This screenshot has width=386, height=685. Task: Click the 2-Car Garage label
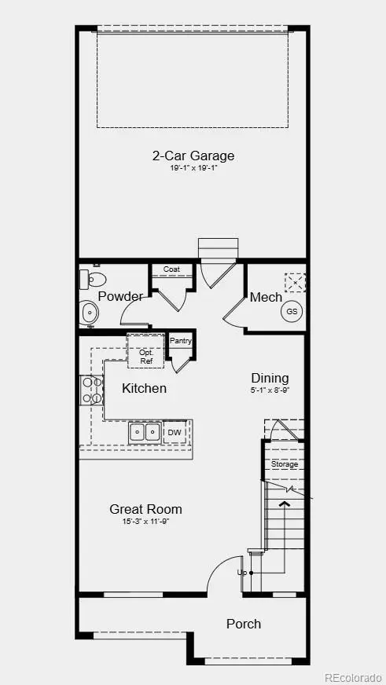point(193,156)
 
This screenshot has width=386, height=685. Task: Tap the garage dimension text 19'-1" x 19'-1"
point(193,167)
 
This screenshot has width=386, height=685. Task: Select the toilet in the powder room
point(93,279)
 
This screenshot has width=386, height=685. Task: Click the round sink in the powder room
point(89,314)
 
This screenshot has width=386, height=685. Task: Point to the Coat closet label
point(171,269)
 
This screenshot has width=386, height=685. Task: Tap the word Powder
point(120,296)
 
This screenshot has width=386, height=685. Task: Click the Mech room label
point(265,297)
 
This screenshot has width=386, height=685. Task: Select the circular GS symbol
point(292,311)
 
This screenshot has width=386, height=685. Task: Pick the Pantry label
point(181,341)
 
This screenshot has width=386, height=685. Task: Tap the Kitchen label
point(144,388)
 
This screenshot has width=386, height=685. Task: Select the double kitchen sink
point(145,432)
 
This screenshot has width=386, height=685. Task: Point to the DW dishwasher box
point(174,432)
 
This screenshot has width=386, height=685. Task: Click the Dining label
point(270,378)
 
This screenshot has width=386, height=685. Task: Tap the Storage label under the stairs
point(285,464)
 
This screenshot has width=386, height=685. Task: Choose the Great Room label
point(145,509)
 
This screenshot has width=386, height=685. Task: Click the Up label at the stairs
point(241,573)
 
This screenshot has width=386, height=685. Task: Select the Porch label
point(243,624)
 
